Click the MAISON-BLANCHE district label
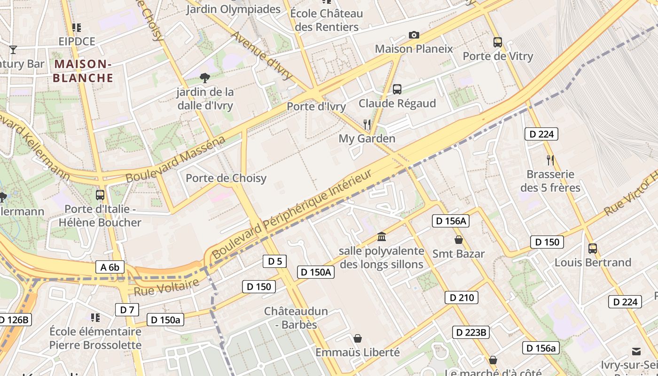coord(83,70)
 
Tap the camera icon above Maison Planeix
coord(414,35)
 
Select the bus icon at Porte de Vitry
coord(498,42)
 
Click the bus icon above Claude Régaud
coord(397,89)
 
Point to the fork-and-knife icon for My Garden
coord(367,125)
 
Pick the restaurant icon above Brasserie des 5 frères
coord(550,160)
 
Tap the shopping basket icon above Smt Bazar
coord(459,240)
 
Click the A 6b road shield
coord(110,267)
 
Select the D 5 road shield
coord(274,261)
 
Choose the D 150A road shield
coord(316,272)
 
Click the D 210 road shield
coord(462,297)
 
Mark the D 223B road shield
coord(471,332)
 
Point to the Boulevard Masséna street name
coord(175,160)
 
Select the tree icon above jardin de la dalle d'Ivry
coord(204,78)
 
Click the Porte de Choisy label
coord(226,178)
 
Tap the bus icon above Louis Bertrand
coord(593,248)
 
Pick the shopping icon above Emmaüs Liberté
coord(358,338)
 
